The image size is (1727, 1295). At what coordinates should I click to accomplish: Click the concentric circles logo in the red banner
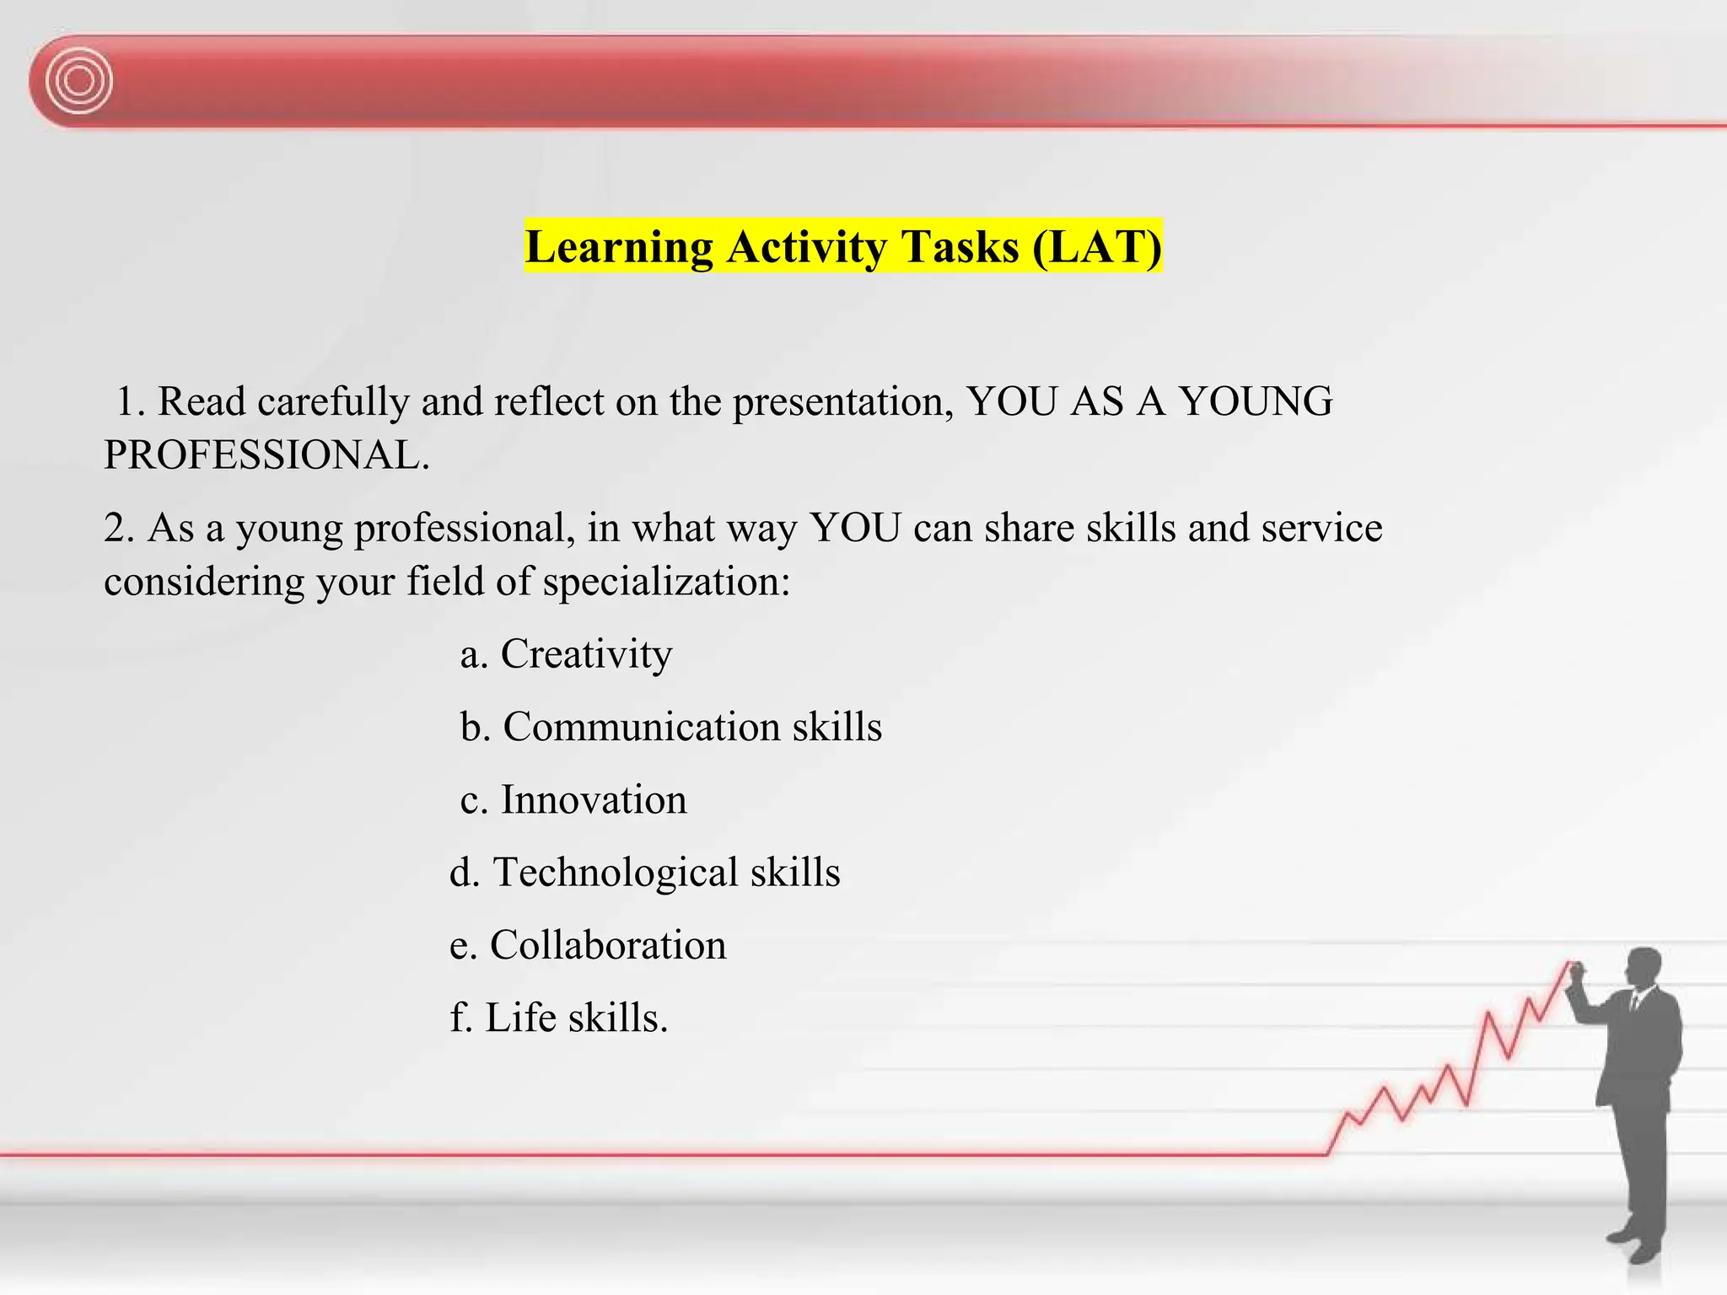tap(79, 81)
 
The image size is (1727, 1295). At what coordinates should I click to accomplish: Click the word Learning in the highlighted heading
tap(619, 247)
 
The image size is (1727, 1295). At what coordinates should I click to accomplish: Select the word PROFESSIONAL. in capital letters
tap(266, 455)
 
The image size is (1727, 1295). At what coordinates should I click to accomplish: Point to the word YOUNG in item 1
tap(1256, 401)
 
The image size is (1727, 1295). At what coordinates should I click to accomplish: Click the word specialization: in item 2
tap(666, 582)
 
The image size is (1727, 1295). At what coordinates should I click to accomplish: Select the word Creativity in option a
tap(586, 654)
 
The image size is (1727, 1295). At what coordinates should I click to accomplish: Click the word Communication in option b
tap(642, 727)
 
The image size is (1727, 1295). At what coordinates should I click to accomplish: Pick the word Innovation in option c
tap(594, 800)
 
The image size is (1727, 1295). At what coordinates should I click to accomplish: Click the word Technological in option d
tap(616, 873)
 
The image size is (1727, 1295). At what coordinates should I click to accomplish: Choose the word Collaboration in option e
tap(608, 945)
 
